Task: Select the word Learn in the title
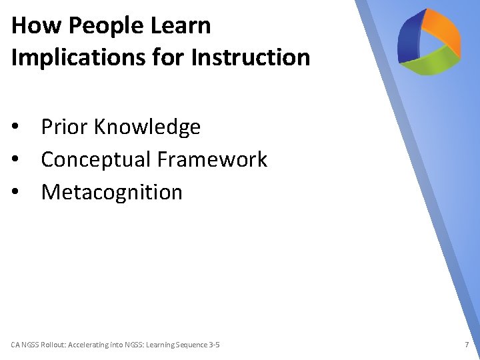181,26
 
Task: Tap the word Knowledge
147,127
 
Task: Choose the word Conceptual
96,159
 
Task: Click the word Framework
212,159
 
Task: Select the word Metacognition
111,192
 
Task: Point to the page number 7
467,345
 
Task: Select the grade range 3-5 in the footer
214,345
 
